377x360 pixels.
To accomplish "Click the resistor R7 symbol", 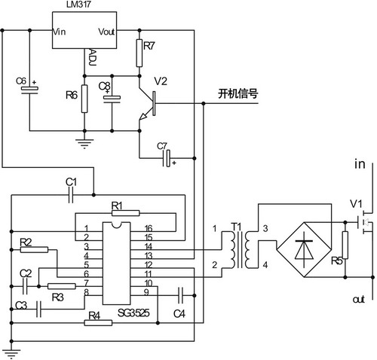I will pyautogui.click(x=139, y=53).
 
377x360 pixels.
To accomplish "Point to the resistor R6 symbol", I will pyautogui.click(x=84, y=96).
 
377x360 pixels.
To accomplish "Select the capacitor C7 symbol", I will pyautogui.click(x=167, y=158).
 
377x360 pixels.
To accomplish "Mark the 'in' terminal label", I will pyautogui.click(x=360, y=163).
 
